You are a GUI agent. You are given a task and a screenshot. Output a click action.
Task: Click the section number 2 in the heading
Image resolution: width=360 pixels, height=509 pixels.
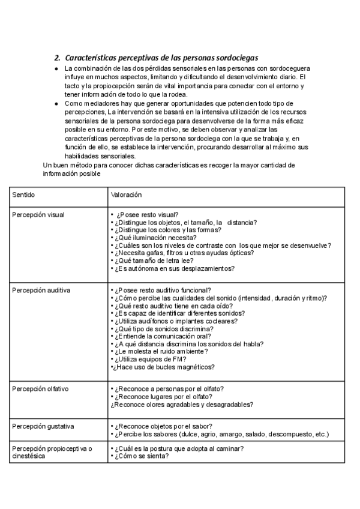point(56,58)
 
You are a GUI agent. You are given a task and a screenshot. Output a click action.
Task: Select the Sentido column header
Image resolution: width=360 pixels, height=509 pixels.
point(23,196)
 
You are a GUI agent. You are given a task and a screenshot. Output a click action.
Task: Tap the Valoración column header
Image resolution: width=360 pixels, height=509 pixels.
point(127,196)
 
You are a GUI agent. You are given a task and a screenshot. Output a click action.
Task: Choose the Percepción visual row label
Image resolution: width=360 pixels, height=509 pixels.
point(38,214)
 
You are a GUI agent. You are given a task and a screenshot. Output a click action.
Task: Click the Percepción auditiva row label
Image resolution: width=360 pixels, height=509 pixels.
point(41,290)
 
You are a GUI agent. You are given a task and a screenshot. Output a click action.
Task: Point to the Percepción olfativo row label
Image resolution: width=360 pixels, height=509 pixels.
point(40,389)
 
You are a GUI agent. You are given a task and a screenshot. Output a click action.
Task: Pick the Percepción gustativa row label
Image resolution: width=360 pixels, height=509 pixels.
point(43,426)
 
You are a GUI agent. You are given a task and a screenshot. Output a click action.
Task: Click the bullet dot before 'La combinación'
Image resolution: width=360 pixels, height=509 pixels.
point(56,70)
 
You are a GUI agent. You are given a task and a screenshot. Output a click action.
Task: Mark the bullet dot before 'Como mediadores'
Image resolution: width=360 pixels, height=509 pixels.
point(56,104)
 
